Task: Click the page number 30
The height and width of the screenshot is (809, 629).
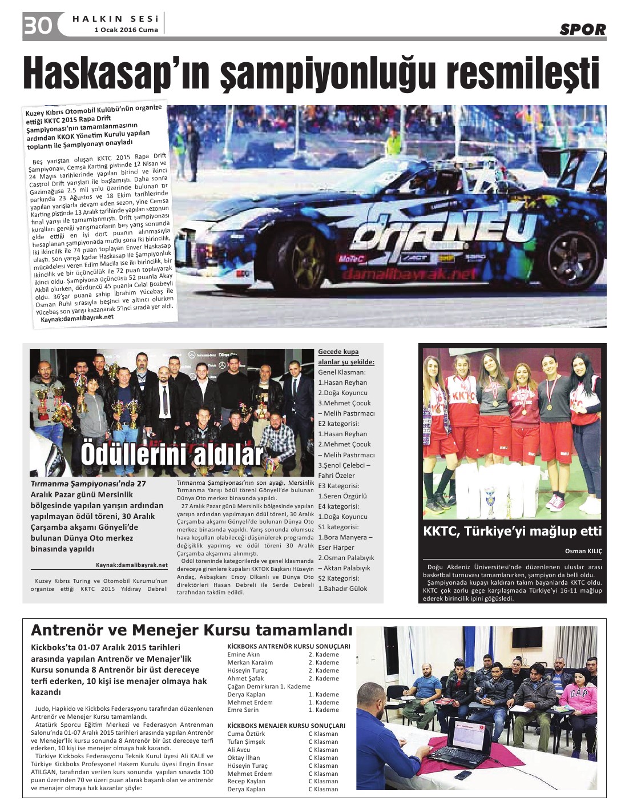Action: (x=38, y=26)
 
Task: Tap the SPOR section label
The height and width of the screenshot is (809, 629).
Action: (x=582, y=29)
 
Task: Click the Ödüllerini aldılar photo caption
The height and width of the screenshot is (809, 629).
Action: (x=171, y=454)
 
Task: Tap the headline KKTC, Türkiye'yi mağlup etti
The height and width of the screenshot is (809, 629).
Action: (x=512, y=532)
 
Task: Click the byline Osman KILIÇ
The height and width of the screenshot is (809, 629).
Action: (x=583, y=551)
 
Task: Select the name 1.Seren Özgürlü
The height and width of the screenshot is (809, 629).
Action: (x=342, y=496)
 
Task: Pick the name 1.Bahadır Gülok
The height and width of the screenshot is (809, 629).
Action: (x=342, y=589)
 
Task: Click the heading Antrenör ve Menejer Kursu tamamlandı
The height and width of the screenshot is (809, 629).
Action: (x=191, y=630)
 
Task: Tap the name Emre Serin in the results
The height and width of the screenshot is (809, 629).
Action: (x=243, y=710)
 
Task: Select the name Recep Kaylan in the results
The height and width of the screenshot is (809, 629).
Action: (x=246, y=781)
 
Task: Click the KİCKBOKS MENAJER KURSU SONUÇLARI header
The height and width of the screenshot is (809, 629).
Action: (x=286, y=726)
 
